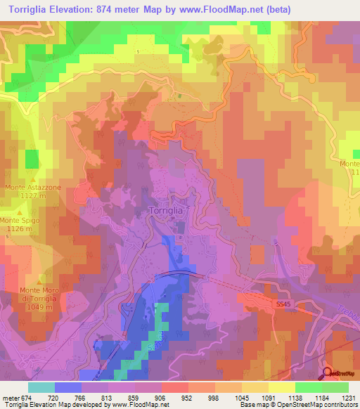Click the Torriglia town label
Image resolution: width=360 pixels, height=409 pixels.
(x=167, y=210)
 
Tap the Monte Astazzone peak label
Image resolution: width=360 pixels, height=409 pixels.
(x=33, y=188)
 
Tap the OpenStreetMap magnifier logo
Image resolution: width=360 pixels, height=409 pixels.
(x=328, y=372)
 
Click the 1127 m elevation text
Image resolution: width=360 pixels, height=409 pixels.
(x=33, y=197)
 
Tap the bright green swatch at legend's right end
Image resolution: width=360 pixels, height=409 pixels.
(x=335, y=387)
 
